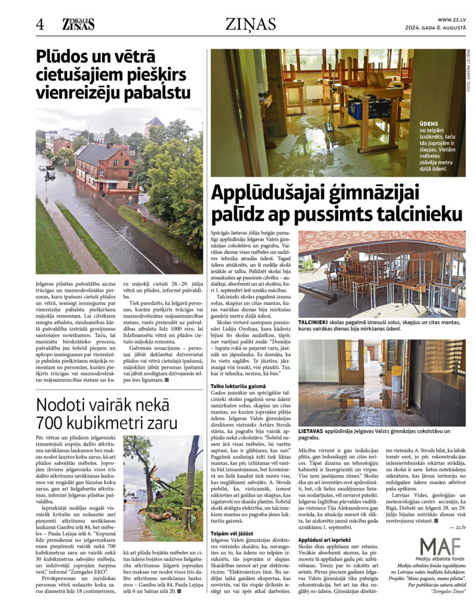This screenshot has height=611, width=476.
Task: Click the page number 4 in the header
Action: (39, 24)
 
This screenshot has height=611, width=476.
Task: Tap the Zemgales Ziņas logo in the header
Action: (78, 24)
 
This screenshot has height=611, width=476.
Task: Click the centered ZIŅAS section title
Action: (250, 24)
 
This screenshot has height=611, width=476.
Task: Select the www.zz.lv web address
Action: (452, 19)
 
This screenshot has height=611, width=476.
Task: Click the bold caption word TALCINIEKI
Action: (317, 322)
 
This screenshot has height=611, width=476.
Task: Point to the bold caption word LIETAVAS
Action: (314, 430)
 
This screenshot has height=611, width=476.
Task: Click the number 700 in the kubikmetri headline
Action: (53, 423)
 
